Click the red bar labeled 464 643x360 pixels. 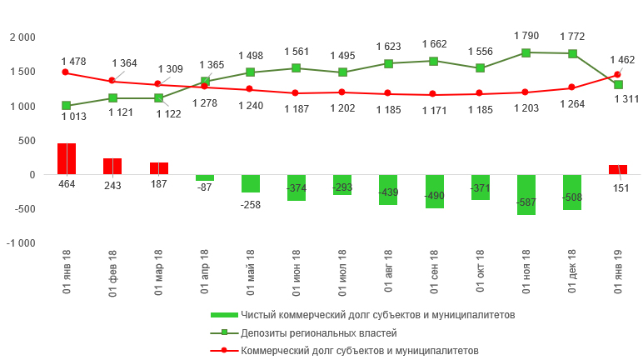click(x=67, y=158)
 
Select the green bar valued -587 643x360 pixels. click(x=526, y=194)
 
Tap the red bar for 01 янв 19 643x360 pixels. click(x=618, y=169)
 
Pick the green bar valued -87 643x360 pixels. click(x=204, y=177)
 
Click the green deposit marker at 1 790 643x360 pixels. click(x=526, y=52)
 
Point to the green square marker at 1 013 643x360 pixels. click(x=67, y=106)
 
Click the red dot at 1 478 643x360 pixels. click(x=67, y=72)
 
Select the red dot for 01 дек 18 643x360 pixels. click(x=571, y=87)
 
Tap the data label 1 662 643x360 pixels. click(x=434, y=44)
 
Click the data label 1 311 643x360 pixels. click(x=626, y=99)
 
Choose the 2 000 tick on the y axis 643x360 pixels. click(x=22, y=38)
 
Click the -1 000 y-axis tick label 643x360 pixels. click(x=21, y=243)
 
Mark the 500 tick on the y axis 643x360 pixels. click(x=27, y=141)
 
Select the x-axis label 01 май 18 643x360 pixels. click(x=251, y=272)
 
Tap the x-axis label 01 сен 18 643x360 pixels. click(x=434, y=272)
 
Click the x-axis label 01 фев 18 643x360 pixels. click(x=112, y=272)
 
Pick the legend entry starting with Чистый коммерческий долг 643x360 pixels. click(x=377, y=315)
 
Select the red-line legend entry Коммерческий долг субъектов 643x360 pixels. click(x=359, y=351)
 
